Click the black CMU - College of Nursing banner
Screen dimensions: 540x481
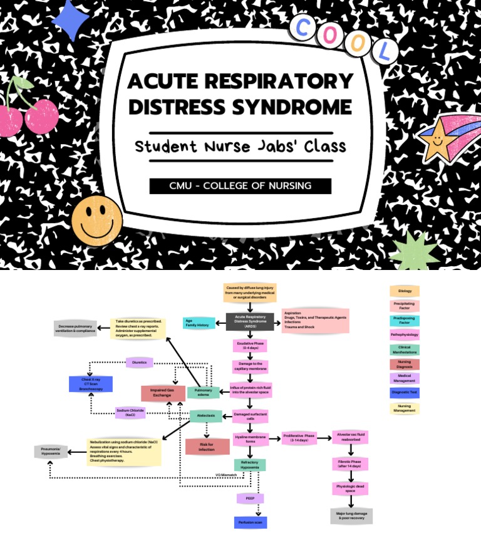pyautogui.click(x=240, y=186)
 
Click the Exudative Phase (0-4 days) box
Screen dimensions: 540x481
pyautogui.click(x=251, y=345)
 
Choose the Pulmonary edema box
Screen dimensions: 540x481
pyautogui.click(x=204, y=393)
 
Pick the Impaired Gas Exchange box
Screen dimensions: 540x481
pyautogui.click(x=162, y=393)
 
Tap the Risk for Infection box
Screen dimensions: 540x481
pyautogui.click(x=207, y=446)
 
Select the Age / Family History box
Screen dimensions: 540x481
pyautogui.click(x=199, y=323)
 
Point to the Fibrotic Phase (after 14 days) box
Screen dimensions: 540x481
pyautogui.click(x=351, y=464)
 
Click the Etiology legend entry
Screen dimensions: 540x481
pyautogui.click(x=405, y=291)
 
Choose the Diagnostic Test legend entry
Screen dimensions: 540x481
pyautogui.click(x=405, y=393)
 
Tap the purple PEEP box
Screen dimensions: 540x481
pyautogui.click(x=250, y=498)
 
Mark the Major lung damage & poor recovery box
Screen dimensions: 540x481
pyautogui.click(x=351, y=516)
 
